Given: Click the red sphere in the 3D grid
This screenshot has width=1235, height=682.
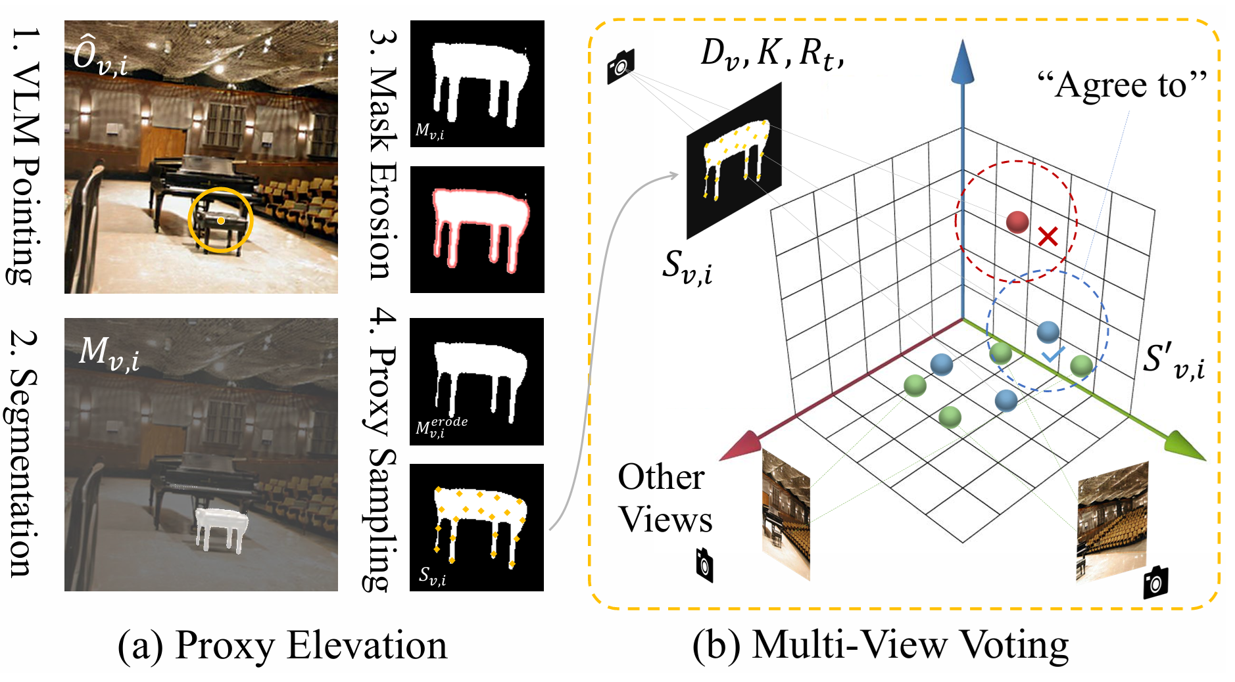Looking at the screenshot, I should point(1017,222).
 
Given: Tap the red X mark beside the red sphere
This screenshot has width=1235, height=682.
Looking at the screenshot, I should point(1048,236).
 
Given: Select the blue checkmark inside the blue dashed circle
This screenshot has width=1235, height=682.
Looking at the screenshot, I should point(1052,355).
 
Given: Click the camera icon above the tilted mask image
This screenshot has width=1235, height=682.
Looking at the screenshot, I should point(621,65).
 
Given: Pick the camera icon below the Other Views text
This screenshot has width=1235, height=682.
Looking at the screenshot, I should point(704,565).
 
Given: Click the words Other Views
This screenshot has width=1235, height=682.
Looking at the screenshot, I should point(664,498).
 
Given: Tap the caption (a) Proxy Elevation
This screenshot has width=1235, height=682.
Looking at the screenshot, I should point(282,645).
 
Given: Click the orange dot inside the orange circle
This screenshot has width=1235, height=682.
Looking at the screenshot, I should point(221,221).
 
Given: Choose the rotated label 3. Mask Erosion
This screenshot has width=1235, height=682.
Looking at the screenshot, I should point(383,155).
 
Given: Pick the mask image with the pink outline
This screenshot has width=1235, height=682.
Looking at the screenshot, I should point(477,229).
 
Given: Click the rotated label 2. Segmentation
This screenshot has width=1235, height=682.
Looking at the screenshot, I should point(25,453).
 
